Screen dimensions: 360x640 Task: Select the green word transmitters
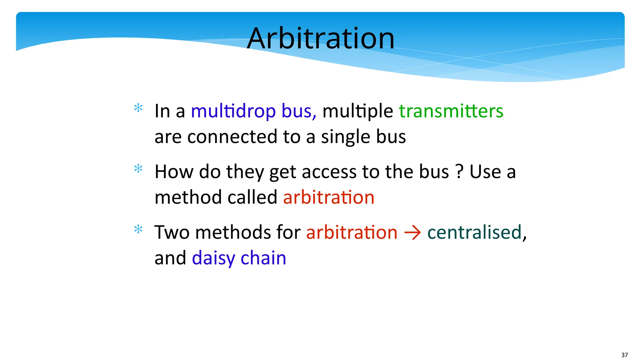(x=451, y=111)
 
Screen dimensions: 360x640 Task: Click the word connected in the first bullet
(x=232, y=137)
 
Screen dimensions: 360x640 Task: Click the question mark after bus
(x=459, y=172)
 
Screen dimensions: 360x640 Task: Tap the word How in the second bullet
(x=174, y=172)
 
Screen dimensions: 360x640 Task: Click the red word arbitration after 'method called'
(x=328, y=197)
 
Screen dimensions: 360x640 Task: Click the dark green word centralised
(x=474, y=232)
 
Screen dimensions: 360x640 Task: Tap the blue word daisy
(x=213, y=258)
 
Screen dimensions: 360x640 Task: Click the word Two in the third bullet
(x=172, y=232)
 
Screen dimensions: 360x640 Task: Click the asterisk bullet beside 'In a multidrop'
(x=138, y=108)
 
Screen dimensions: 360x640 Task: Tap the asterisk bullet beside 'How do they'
(x=138, y=169)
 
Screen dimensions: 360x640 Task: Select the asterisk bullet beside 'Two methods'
(x=138, y=230)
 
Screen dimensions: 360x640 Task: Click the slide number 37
(x=624, y=355)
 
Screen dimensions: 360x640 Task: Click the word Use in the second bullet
(x=485, y=172)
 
